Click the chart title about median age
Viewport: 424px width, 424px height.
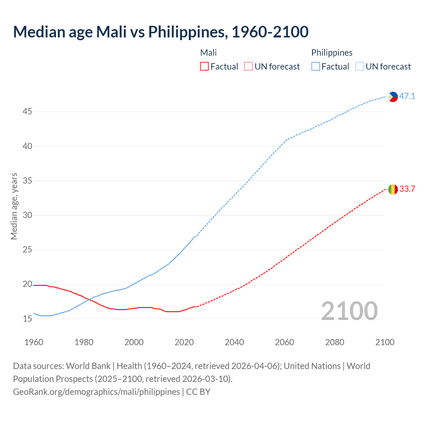click(x=161, y=32)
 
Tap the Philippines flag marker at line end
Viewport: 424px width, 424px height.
click(x=393, y=97)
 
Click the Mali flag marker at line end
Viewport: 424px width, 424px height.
click(x=393, y=189)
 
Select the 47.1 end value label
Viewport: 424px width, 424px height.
click(x=407, y=96)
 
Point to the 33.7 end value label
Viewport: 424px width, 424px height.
click(x=407, y=189)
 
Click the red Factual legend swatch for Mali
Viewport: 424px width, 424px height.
click(x=204, y=67)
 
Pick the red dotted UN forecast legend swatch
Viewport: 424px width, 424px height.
click(x=248, y=67)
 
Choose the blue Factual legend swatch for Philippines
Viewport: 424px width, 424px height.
click(x=316, y=67)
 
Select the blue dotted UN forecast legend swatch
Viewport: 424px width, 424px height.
click(x=360, y=67)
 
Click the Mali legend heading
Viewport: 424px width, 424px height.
click(x=208, y=53)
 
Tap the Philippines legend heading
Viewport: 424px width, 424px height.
click(x=332, y=53)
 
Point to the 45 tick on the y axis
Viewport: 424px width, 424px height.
click(x=27, y=112)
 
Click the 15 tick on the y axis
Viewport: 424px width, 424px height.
click(x=27, y=319)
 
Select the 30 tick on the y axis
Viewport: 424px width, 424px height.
click(x=27, y=215)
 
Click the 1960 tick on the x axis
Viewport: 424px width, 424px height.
click(x=34, y=342)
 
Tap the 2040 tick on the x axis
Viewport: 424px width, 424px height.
click(x=234, y=342)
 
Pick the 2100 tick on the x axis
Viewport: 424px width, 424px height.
click(x=385, y=342)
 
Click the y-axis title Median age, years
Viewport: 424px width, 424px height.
click(x=14, y=206)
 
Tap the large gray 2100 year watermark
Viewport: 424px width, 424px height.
click(x=349, y=311)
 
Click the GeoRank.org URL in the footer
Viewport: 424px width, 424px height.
click(x=96, y=392)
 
